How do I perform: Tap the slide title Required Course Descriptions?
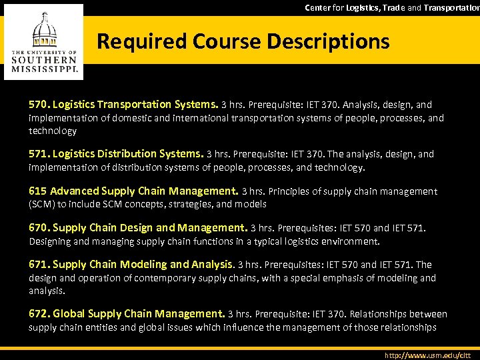coord(243,41)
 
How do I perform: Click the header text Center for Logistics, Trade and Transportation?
coord(392,7)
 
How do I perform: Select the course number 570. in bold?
coord(39,104)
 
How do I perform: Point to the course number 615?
coord(38,191)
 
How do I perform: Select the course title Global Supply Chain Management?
coord(139,313)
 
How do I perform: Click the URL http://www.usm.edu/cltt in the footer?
coord(428,355)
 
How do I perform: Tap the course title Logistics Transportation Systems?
coord(135,104)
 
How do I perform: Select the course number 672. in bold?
coord(39,313)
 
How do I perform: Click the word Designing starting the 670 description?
coord(52,241)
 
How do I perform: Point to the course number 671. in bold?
coord(39,265)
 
